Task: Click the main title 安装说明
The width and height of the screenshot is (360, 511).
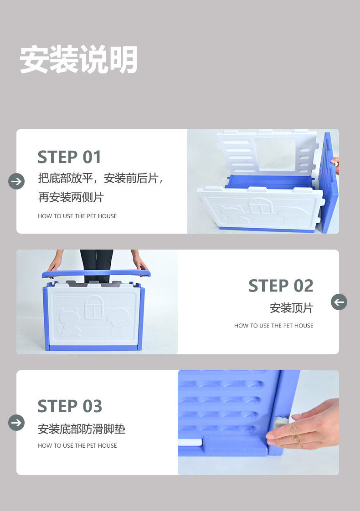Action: pyautogui.click(x=78, y=59)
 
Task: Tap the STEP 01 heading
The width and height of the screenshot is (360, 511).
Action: pyautogui.click(x=69, y=157)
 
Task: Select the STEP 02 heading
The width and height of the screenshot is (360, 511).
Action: pyautogui.click(x=281, y=286)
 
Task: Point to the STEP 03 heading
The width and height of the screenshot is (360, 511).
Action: pyautogui.click(x=70, y=406)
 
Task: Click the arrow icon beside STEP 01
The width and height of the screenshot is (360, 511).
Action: pyautogui.click(x=16, y=181)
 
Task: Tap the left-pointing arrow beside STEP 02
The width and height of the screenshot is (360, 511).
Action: pyautogui.click(x=339, y=302)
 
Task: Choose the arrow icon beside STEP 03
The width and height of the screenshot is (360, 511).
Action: pyautogui.click(x=16, y=423)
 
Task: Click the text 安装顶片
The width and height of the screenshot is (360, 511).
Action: pyautogui.click(x=291, y=308)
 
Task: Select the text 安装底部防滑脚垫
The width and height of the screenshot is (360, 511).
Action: pyautogui.click(x=82, y=429)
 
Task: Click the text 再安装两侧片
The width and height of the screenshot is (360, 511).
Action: pyautogui.click(x=71, y=197)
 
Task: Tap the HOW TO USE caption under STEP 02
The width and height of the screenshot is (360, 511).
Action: pyautogui.click(x=273, y=326)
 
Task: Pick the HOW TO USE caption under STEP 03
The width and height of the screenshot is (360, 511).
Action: pyautogui.click(x=77, y=445)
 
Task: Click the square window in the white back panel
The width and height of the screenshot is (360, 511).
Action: pyautogui.click(x=275, y=154)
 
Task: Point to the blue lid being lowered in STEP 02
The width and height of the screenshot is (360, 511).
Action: pyautogui.click(x=96, y=274)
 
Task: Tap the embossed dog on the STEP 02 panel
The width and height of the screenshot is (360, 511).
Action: pyautogui.click(x=119, y=322)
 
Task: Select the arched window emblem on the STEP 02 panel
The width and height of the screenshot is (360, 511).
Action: pyautogui.click(x=94, y=307)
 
